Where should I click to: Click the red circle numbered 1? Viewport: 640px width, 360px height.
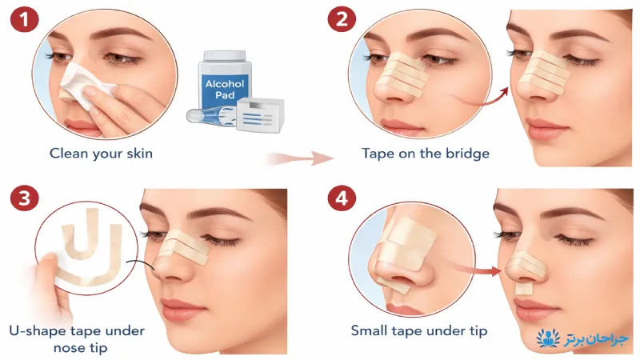click(x=25, y=19)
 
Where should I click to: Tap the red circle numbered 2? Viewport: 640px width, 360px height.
click(x=342, y=19)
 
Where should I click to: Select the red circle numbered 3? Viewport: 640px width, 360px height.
click(x=25, y=198)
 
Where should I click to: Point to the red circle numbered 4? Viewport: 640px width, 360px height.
click(x=342, y=198)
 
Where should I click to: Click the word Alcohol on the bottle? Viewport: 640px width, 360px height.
click(x=225, y=84)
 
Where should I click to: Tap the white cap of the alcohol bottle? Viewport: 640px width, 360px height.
click(x=225, y=55)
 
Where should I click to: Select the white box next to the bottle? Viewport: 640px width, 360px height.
click(x=260, y=115)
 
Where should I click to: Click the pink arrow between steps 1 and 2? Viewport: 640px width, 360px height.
click(x=300, y=158)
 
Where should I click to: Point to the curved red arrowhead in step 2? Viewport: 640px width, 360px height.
click(x=504, y=93)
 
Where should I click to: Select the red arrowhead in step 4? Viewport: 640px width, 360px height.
click(x=496, y=271)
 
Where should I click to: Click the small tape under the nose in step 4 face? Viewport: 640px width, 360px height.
click(x=524, y=289)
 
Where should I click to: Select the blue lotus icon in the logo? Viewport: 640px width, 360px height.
click(x=548, y=338)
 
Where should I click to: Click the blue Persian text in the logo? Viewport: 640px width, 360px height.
click(x=596, y=339)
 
